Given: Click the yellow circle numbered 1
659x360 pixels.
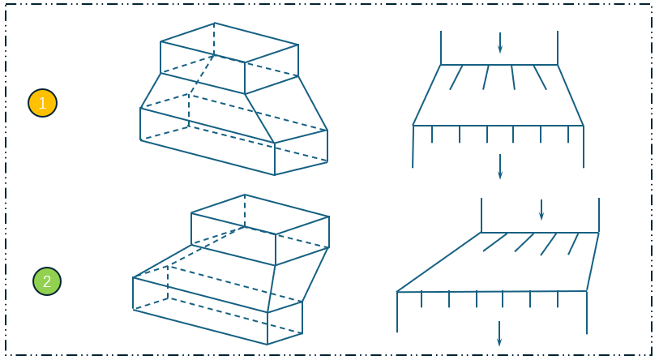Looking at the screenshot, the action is [x=42, y=103].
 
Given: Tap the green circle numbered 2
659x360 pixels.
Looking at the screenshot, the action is [x=47, y=281].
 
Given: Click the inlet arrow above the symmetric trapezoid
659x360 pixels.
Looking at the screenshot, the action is [x=499, y=42].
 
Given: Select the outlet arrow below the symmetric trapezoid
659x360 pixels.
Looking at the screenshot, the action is [x=499, y=166].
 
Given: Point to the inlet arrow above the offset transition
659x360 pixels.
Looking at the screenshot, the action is [x=541, y=210].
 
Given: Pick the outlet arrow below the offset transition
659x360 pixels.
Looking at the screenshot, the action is [x=499, y=333].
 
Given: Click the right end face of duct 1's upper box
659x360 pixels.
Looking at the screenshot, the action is [x=272, y=69].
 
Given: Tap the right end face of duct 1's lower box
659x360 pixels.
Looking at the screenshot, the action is [x=301, y=152].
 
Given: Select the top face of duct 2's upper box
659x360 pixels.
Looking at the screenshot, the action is [x=260, y=215].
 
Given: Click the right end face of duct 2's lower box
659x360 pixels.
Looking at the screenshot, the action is [x=285, y=323].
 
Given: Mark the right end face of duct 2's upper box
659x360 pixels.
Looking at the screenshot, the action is [x=302, y=241].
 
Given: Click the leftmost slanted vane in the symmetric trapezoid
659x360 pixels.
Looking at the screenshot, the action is [x=456, y=77].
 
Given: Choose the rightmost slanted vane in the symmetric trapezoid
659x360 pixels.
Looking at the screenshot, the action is [x=540, y=77].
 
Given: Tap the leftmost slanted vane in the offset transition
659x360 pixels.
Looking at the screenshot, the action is [x=495, y=242].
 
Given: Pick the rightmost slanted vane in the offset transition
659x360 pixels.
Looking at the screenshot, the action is [x=573, y=244].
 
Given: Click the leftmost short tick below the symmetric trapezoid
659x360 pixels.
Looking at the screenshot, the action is [x=432, y=134].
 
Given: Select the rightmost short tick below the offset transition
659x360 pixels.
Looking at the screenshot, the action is [x=558, y=299].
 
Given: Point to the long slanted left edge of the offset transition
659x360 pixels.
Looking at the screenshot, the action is [x=439, y=262].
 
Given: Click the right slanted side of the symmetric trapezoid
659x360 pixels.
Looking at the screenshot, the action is [x=571, y=95].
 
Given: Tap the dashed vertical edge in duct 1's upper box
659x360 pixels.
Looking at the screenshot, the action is [x=214, y=39].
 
